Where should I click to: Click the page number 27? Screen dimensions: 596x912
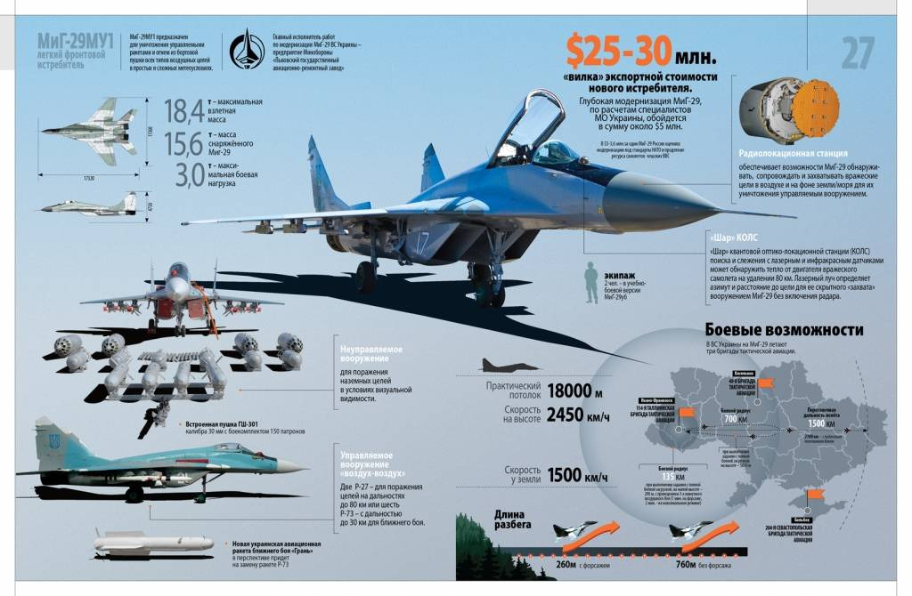(858, 52)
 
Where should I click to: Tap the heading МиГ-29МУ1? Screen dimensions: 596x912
(76, 41)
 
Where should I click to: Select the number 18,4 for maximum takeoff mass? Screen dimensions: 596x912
(183, 111)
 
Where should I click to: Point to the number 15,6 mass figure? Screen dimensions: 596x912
(183, 142)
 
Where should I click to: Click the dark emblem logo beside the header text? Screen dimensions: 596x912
(247, 50)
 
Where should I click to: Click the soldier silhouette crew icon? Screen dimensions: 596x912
(591, 284)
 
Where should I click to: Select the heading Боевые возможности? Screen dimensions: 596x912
(784, 330)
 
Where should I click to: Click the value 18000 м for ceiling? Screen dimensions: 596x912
(575, 391)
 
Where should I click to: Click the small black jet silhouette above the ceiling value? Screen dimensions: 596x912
(509, 365)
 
